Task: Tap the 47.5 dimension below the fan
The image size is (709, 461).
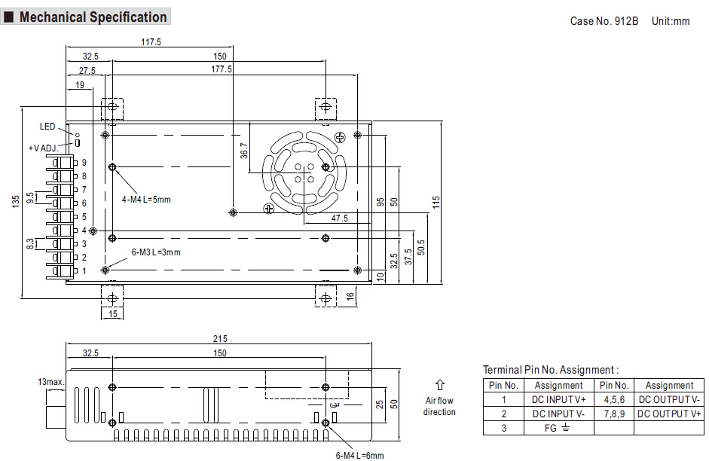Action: point(340,218)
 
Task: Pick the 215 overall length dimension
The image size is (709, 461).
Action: point(219,340)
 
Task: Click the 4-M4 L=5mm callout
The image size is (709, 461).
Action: point(146,200)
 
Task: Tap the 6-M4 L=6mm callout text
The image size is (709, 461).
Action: point(359,455)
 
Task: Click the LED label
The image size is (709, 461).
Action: point(47,127)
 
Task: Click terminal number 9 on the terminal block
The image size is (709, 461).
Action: point(84,163)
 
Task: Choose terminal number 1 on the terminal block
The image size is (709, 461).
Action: point(84,270)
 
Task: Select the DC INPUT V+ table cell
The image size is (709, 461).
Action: point(558,398)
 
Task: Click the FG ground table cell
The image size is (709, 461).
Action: point(558,427)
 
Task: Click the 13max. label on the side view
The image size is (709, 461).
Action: point(50,382)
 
